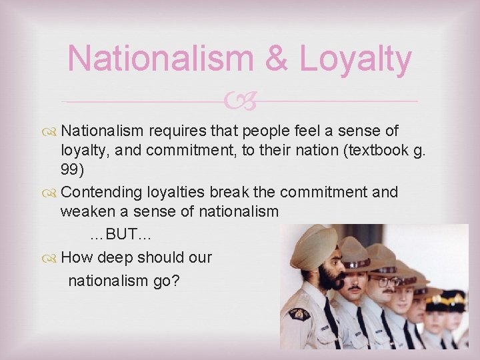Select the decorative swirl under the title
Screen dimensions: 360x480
pyautogui.click(x=241, y=101)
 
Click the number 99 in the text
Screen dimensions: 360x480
pyautogui.click(x=72, y=170)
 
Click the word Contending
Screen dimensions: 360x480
pyautogui.click(x=101, y=192)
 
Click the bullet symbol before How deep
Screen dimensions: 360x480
pyautogui.click(x=51, y=257)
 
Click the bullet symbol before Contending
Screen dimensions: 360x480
pyautogui.click(x=51, y=193)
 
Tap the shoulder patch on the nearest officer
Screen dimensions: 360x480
pyautogui.click(x=299, y=313)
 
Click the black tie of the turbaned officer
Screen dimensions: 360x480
pyautogui.click(x=331, y=323)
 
